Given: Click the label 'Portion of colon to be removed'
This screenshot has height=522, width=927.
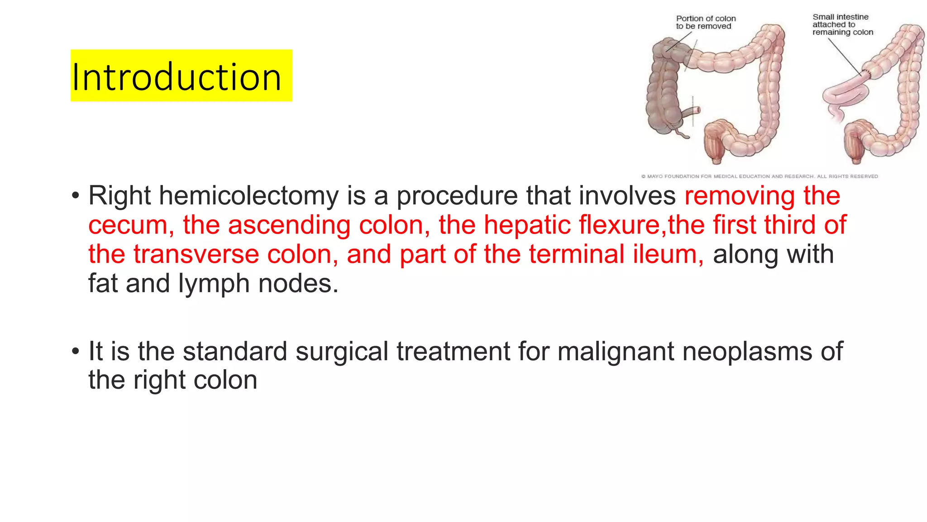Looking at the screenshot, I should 705,22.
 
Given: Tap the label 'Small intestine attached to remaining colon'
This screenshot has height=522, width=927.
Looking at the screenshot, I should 842,24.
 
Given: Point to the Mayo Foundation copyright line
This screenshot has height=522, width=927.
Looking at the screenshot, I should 760,176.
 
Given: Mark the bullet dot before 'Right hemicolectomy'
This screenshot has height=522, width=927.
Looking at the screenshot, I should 76,196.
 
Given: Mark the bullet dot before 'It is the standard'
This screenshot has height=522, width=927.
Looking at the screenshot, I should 76,352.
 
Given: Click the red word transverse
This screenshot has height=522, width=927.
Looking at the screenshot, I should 196,254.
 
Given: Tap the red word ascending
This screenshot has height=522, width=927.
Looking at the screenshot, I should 289,225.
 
